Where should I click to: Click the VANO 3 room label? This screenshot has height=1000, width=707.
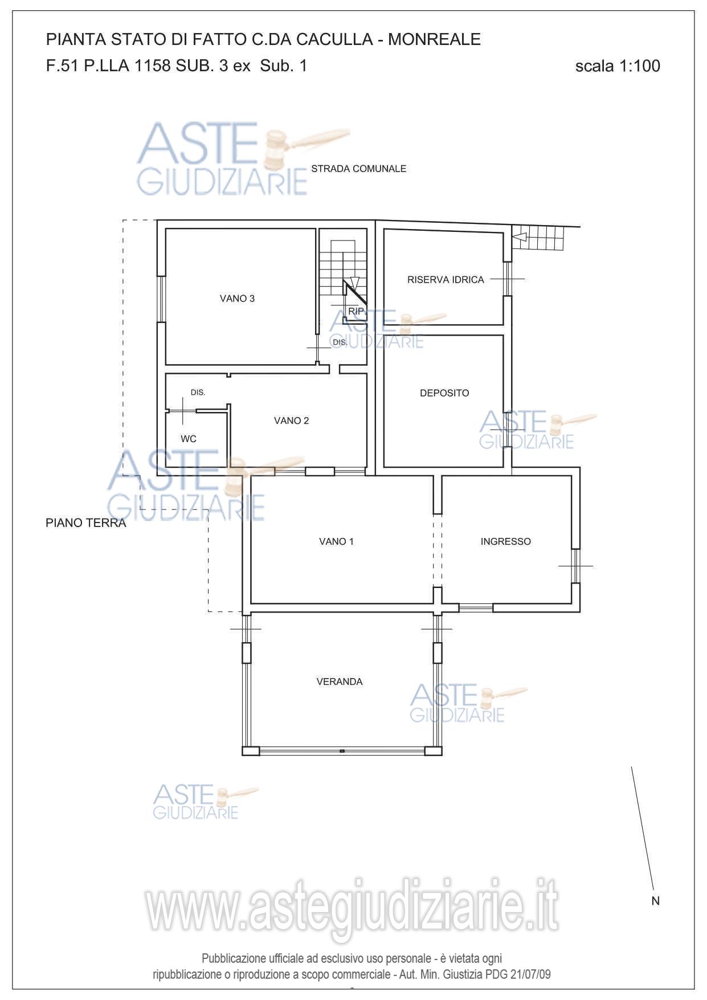tap(237, 299)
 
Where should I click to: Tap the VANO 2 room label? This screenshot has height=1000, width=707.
tap(291, 421)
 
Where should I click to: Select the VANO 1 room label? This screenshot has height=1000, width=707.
tap(336, 541)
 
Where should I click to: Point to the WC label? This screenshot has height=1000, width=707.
tap(189, 439)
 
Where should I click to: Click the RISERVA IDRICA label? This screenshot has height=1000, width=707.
tap(446, 280)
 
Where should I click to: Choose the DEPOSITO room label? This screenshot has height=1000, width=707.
tap(444, 393)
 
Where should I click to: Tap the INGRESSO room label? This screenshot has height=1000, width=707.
tap(506, 541)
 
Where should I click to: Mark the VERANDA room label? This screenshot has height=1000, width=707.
tap(340, 681)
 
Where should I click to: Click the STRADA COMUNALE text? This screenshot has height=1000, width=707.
tap(359, 169)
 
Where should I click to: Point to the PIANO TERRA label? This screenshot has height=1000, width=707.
tap(86, 523)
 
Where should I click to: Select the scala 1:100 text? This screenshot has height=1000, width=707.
tap(618, 66)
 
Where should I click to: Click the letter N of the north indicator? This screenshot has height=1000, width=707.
tap(656, 901)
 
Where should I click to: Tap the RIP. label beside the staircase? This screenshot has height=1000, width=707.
tap(357, 311)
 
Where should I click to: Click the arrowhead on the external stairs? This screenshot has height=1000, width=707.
tap(519, 236)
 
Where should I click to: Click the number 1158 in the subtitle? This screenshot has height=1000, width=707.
tap(152, 66)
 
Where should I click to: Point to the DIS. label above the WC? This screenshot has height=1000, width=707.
tap(198, 393)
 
